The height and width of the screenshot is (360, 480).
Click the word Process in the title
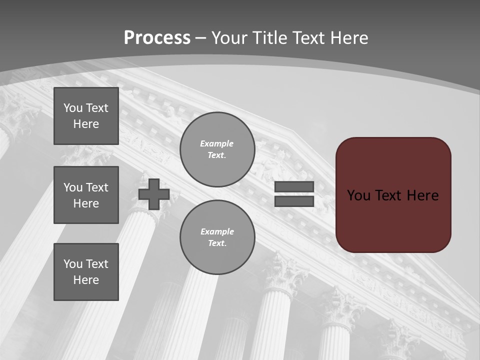click(x=157, y=38)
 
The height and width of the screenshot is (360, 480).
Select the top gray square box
click(x=86, y=116)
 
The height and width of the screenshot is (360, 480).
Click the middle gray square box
click(x=86, y=195)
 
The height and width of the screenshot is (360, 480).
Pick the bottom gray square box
click(x=86, y=272)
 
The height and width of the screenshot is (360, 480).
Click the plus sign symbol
click(x=154, y=194)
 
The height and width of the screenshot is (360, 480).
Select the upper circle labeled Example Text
click(x=217, y=149)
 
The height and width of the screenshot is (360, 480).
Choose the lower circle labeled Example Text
click(x=217, y=237)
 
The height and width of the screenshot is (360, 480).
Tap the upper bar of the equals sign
click(x=294, y=187)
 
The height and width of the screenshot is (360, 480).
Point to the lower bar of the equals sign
click(x=294, y=201)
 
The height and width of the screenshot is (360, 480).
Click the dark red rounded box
click(x=393, y=220)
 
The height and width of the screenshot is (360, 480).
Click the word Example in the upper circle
click(x=217, y=143)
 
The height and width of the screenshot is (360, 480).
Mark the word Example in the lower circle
click(x=217, y=231)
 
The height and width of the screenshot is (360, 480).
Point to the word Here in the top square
click(x=86, y=124)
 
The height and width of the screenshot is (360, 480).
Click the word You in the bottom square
click(x=73, y=264)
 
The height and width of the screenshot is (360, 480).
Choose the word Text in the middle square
click(x=97, y=187)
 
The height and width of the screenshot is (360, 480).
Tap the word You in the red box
click(x=358, y=195)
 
